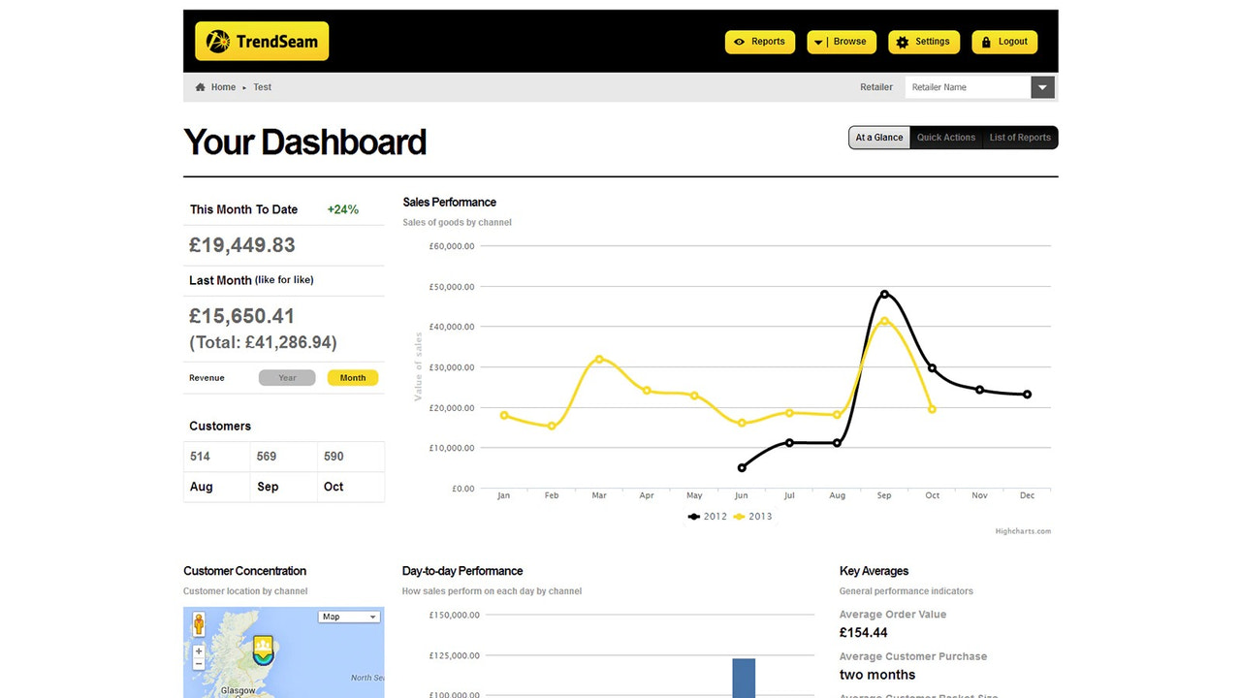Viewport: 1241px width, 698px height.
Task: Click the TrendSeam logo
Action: tap(262, 42)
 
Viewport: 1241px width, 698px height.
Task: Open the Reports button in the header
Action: tap(759, 42)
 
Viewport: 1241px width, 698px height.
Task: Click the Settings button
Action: tap(923, 42)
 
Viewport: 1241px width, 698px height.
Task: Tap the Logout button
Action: tap(1004, 42)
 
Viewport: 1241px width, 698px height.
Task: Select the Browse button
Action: tap(841, 42)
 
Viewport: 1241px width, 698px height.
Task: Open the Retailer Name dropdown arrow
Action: tap(1042, 87)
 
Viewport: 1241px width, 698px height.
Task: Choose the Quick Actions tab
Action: tap(945, 138)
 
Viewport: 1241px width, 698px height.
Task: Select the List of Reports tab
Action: tap(1020, 138)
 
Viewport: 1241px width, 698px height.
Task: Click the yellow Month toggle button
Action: tap(353, 378)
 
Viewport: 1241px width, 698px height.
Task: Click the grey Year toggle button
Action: tap(287, 378)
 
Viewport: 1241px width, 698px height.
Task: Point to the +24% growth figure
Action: tap(343, 209)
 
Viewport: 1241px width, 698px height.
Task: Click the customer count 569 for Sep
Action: tap(267, 457)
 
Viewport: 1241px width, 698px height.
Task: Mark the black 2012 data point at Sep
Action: tap(884, 294)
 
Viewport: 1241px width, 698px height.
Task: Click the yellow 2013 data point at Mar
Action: tap(599, 359)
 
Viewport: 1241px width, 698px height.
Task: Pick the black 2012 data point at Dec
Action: tap(1027, 395)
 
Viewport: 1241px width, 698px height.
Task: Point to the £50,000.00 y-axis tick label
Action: tap(451, 287)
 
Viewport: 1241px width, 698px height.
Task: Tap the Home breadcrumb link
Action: tap(223, 87)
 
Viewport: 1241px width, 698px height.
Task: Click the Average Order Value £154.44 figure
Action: tap(864, 633)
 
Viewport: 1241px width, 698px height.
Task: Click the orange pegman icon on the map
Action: tap(199, 623)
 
